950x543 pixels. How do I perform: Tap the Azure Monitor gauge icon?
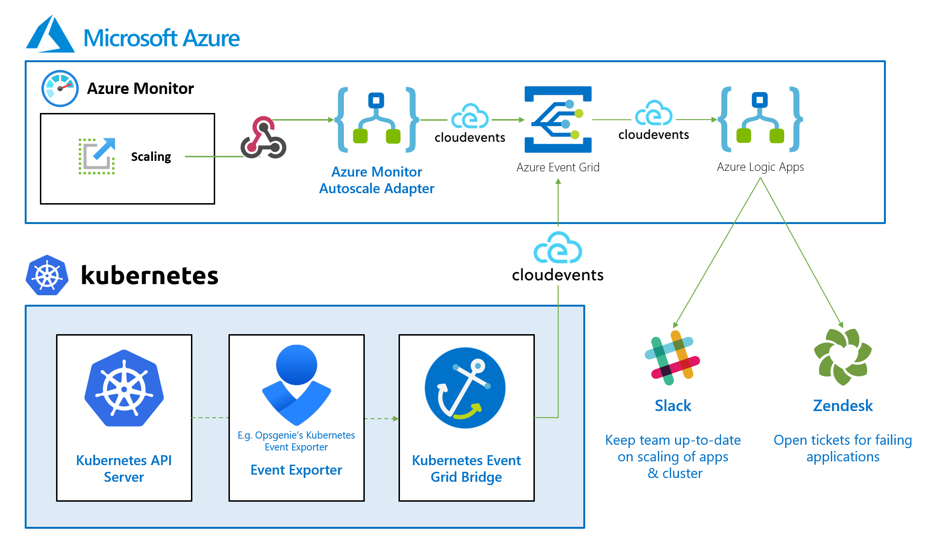pyautogui.click(x=60, y=88)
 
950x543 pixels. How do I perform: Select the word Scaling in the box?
pyautogui.click(x=151, y=157)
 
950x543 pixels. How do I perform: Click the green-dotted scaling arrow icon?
pyautogui.click(x=97, y=156)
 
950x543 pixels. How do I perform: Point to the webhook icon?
pyautogui.click(x=263, y=138)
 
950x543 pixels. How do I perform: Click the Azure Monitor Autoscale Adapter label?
pyautogui.click(x=376, y=180)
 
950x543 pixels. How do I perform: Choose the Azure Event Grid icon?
pyautogui.click(x=558, y=119)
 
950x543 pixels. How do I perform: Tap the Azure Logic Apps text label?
pyautogui.click(x=760, y=167)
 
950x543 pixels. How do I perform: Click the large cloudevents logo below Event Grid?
pyautogui.click(x=558, y=248)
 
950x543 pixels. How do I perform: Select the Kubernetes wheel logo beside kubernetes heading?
pyautogui.click(x=47, y=275)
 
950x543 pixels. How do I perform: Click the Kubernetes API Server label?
pyautogui.click(x=124, y=468)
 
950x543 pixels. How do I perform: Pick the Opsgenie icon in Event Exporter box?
pyautogui.click(x=296, y=384)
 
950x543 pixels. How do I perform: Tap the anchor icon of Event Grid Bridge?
pyautogui.click(x=465, y=388)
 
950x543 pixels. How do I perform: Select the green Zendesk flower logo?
pyautogui.click(x=843, y=357)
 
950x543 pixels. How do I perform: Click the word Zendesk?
pyautogui.click(x=843, y=406)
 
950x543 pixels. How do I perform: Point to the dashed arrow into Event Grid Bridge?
pyautogui.click(x=381, y=419)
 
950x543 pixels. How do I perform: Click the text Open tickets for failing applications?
pyautogui.click(x=843, y=448)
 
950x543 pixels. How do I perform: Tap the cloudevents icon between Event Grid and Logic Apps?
pyautogui.click(x=654, y=114)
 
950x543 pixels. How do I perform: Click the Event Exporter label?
pyautogui.click(x=296, y=470)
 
